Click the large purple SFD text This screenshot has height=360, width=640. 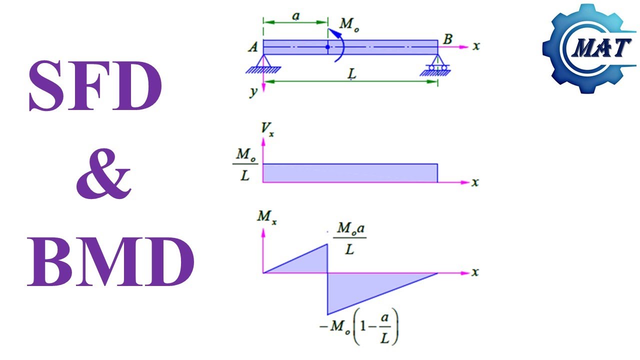(x=95, y=85)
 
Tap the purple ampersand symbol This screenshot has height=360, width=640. (x=103, y=173)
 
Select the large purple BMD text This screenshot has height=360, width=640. (x=111, y=261)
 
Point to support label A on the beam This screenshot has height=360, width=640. (x=253, y=47)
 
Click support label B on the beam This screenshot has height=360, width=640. (x=447, y=39)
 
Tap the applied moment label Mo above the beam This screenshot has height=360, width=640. (x=349, y=24)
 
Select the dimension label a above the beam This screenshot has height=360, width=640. (x=296, y=16)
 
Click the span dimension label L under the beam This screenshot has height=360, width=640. (x=352, y=74)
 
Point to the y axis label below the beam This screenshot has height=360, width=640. (x=253, y=92)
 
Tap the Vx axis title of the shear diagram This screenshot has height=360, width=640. (x=267, y=128)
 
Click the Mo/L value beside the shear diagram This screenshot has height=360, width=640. (x=245, y=164)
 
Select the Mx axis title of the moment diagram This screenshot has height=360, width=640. (x=267, y=217)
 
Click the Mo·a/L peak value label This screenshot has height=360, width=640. (x=350, y=238)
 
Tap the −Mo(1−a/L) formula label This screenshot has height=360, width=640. (x=359, y=326)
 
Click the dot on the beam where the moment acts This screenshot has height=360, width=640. (x=327, y=47)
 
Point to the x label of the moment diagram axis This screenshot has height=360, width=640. (x=475, y=272)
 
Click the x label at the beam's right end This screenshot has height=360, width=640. (x=476, y=46)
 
